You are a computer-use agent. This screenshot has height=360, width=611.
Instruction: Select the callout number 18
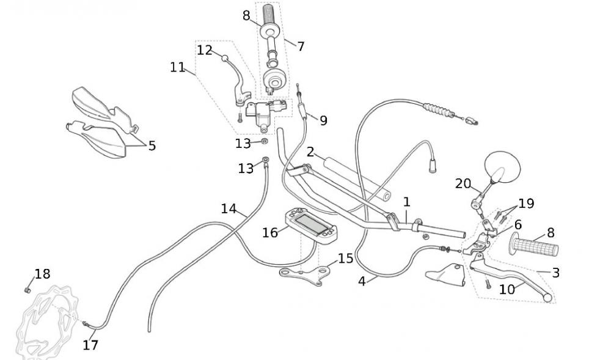point(42,274)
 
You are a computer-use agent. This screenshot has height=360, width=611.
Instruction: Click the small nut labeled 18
point(27,290)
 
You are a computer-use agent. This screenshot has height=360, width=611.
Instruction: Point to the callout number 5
point(152,145)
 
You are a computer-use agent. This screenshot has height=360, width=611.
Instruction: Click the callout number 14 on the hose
point(229,208)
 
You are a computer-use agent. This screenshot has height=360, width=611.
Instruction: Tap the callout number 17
point(90,345)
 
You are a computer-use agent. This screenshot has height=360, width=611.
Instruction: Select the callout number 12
point(204,50)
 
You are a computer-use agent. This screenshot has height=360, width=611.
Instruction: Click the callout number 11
point(177,67)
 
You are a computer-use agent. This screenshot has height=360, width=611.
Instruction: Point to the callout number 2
point(310,152)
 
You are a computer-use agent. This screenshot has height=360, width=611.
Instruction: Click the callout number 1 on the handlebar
point(406,202)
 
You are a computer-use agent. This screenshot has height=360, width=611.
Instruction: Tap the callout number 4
point(362,281)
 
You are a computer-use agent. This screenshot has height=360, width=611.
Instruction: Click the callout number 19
point(525,203)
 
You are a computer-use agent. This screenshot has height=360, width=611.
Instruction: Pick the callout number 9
point(323,120)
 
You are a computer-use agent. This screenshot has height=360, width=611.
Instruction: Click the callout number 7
point(301,46)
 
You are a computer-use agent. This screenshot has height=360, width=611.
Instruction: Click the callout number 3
point(555,273)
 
